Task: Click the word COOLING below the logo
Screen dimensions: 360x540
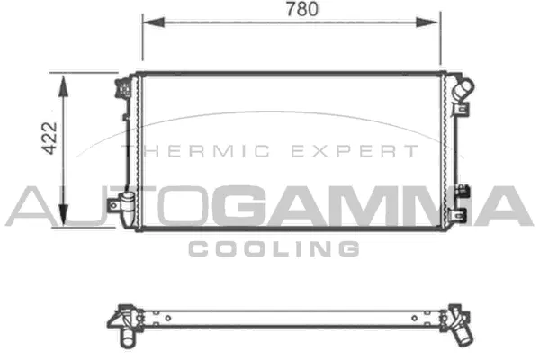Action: point(274,248)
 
